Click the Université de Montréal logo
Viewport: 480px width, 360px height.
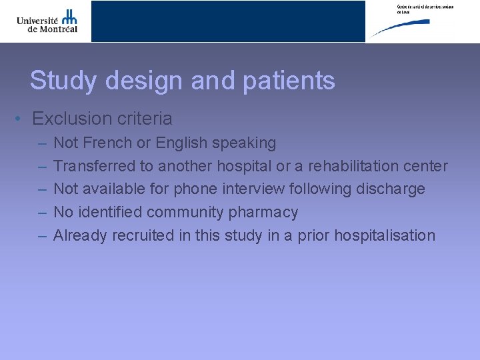(x=47, y=21)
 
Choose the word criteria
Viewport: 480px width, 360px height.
(x=145, y=119)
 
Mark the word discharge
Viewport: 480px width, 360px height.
(x=391, y=189)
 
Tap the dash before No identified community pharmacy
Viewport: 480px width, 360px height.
(x=42, y=213)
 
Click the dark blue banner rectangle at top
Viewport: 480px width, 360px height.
(x=228, y=21)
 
